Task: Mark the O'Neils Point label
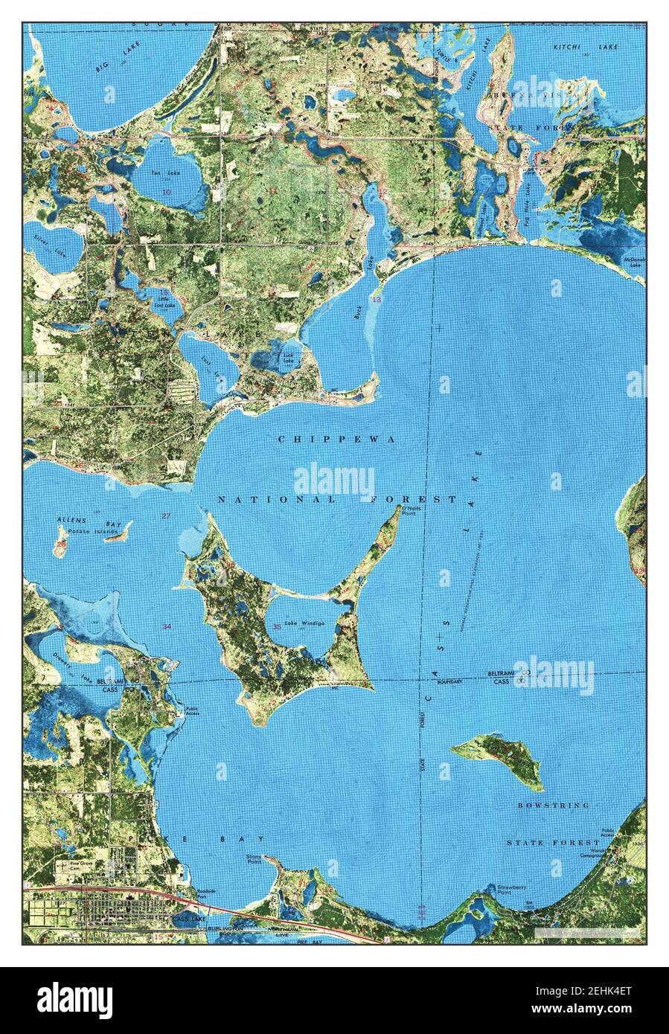coord(412,510)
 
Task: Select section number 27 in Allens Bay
coord(166,516)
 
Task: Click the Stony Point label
coord(257,860)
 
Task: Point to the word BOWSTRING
coord(554,806)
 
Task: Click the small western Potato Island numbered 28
coord(59,541)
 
